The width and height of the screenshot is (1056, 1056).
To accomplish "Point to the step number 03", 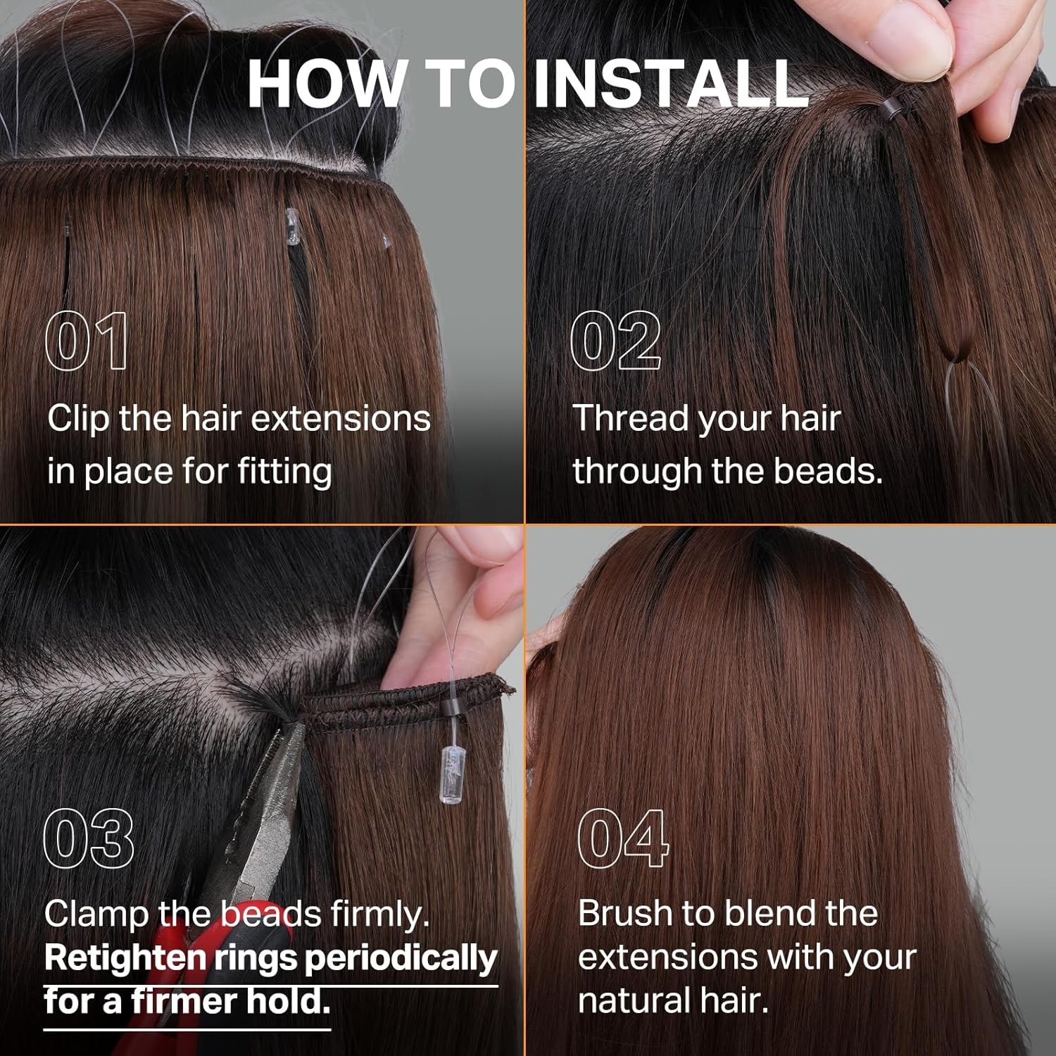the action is (89, 838).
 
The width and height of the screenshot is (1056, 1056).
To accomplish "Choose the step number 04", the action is (622, 838).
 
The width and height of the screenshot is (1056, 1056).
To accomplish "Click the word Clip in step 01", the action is (78, 420).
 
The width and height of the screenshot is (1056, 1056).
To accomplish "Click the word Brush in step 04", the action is (626, 914).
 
